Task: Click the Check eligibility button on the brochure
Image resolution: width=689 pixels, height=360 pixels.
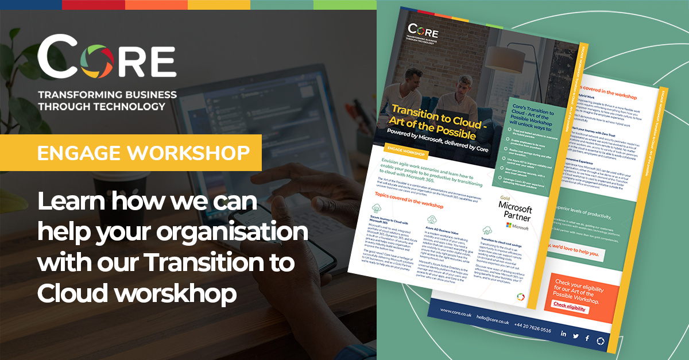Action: pos(570,307)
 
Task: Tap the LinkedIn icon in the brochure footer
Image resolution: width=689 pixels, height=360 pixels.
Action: pos(563,334)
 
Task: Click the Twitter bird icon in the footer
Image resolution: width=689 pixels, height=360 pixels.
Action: pos(575,336)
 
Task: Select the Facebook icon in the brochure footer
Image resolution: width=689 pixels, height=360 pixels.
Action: pos(587,339)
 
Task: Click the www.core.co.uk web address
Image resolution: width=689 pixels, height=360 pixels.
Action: pos(456,312)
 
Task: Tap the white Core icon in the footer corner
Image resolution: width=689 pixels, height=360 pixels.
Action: pos(601,341)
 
